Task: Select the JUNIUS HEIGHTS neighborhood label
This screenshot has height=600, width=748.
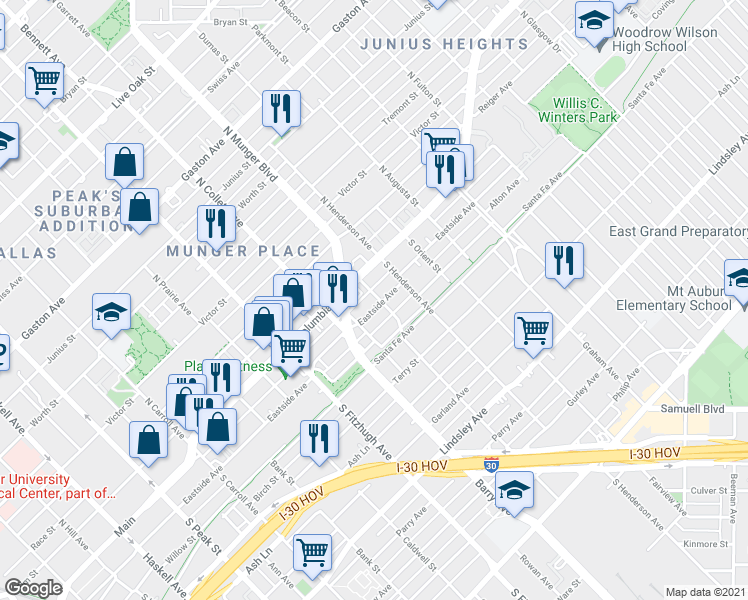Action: [x=443, y=45]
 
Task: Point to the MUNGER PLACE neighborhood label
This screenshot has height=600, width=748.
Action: [x=244, y=252]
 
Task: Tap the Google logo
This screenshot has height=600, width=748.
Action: [x=33, y=588]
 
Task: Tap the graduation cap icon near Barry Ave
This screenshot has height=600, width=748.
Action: [x=514, y=490]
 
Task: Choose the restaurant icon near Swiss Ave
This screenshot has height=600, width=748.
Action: [x=281, y=106]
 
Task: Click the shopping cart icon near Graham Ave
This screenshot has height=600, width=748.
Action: [x=533, y=328]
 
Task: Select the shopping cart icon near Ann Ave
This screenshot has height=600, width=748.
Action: [x=313, y=551]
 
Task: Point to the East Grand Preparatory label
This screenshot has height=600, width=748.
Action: [x=678, y=232]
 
